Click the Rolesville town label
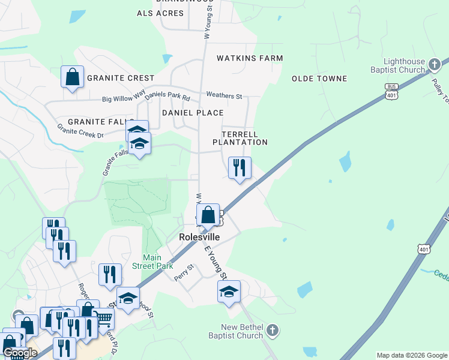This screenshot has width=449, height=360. click(199, 237)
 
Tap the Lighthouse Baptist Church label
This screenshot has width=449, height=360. click(405, 66)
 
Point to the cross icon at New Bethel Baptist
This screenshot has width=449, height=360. click(272, 330)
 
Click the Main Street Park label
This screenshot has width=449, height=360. click(157, 262)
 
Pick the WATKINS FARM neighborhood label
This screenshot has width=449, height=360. click(250, 58)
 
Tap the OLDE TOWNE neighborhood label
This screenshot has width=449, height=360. click(319, 79)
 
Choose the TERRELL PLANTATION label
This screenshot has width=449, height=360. click(240, 138)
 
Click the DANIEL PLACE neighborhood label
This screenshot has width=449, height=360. click(193, 113)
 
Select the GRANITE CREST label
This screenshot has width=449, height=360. click(121, 78)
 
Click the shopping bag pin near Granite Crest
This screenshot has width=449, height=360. click(72, 77)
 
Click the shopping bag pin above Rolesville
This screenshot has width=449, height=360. click(208, 215)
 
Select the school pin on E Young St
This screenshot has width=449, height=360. click(229, 292)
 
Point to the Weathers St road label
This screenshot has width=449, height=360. click(223, 95)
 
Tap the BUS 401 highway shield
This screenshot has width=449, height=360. click(391, 91)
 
